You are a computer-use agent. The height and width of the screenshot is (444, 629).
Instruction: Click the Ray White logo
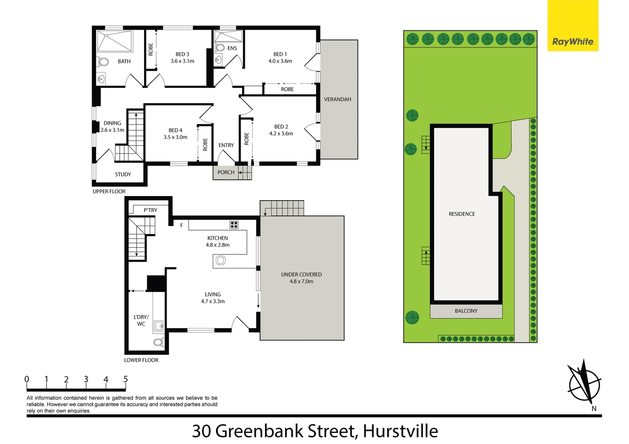(x=573, y=42)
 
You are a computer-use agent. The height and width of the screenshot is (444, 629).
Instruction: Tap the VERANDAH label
(x=337, y=99)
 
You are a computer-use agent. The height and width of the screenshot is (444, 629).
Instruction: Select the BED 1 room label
(x=280, y=54)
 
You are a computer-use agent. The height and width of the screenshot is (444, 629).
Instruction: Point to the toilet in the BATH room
(x=103, y=62)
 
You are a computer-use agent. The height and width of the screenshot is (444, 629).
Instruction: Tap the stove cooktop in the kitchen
(x=234, y=224)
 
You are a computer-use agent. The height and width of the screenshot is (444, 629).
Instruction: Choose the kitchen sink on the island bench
(x=221, y=260)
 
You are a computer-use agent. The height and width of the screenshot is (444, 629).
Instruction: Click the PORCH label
(x=226, y=172)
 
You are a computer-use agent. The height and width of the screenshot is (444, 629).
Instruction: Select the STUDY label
(x=123, y=174)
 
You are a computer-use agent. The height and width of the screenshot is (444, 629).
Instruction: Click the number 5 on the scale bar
(x=125, y=379)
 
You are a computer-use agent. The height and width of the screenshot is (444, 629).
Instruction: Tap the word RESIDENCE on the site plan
(x=462, y=214)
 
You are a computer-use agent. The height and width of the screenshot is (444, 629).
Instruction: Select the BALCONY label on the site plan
(x=466, y=311)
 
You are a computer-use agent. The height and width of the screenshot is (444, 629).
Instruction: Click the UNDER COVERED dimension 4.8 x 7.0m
(x=301, y=282)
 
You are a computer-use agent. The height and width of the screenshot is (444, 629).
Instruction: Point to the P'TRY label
(x=150, y=210)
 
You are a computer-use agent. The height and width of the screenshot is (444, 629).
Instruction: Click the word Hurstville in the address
(x=400, y=431)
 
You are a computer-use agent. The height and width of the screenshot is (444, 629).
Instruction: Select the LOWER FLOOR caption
(x=141, y=360)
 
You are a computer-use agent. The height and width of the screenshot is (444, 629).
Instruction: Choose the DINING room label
(x=112, y=123)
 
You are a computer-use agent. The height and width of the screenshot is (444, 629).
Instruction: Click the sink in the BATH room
(x=101, y=79)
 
